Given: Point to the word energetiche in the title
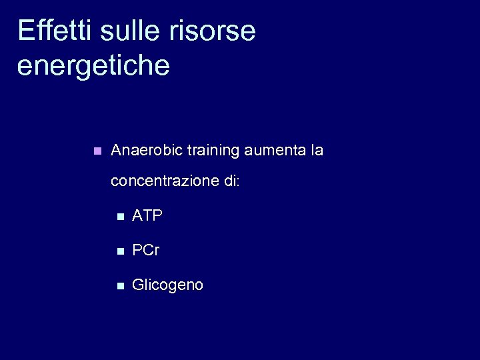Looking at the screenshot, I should click(93, 66).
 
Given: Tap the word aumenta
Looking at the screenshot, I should click(275, 151).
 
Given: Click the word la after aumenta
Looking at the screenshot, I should click(317, 151).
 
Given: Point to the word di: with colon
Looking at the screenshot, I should click(232, 181).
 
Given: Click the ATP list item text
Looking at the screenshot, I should click(147, 215).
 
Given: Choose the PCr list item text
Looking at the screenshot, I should click(146, 250).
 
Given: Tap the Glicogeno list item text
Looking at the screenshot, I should click(168, 285).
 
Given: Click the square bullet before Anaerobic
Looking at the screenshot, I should click(97, 151).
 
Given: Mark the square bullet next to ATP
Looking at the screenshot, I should click(119, 216).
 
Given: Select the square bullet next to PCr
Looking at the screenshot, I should click(119, 251).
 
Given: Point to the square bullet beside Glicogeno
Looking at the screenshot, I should click(119, 285).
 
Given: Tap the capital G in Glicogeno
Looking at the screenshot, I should click(138, 285).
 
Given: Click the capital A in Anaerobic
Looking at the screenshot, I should click(116, 151).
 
